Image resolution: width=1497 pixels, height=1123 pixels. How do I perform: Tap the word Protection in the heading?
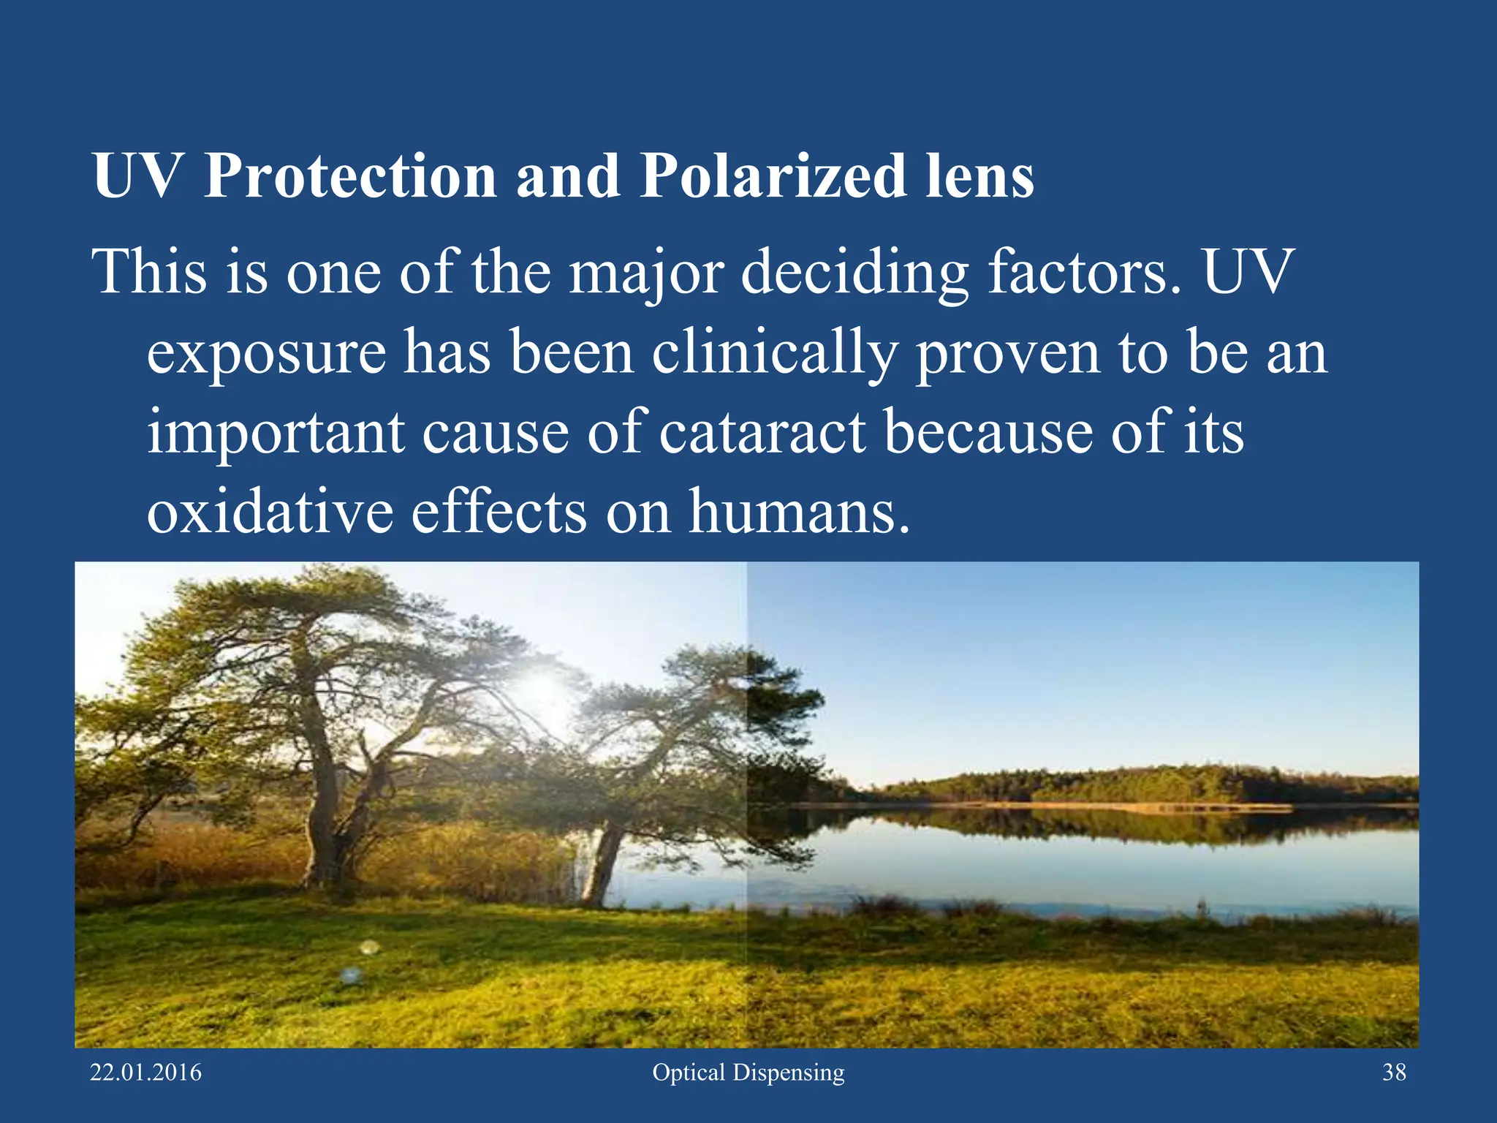[x=350, y=177]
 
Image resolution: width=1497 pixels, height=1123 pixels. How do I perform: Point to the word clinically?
[x=775, y=353]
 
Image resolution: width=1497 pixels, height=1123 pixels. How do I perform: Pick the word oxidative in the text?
[x=270, y=511]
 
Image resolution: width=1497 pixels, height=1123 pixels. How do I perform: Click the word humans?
[x=800, y=511]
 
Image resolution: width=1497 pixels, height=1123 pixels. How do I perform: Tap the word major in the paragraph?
[x=646, y=273]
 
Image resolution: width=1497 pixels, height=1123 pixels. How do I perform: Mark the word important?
[x=276, y=433]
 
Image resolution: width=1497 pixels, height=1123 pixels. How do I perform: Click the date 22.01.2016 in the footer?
[x=145, y=1073]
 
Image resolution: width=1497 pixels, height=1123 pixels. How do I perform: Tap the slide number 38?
[x=1394, y=1073]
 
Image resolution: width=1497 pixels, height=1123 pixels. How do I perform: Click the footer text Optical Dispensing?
[x=748, y=1073]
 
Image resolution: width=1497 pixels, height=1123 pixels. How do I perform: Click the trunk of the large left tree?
[x=325, y=819]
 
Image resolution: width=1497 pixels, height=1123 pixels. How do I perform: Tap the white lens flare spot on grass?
[x=369, y=948]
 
